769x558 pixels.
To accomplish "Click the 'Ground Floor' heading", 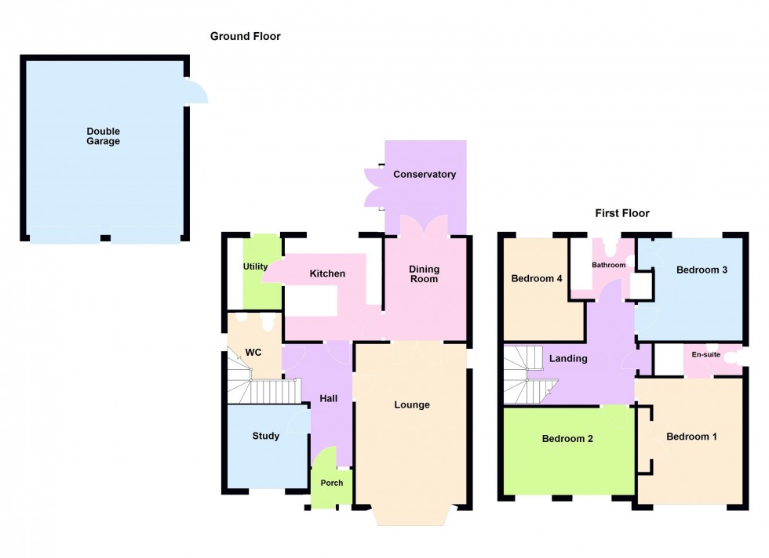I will [x=245, y=36].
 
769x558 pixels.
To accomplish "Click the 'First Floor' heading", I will [x=621, y=213].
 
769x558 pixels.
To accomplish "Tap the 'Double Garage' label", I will [x=104, y=136].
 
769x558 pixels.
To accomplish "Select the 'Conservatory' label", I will [x=425, y=174].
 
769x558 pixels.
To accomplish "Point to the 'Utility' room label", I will [x=255, y=266].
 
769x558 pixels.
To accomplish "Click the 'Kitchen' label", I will [x=327, y=274].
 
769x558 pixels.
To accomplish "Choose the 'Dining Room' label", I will [x=424, y=274].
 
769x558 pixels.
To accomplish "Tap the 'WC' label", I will [x=253, y=353].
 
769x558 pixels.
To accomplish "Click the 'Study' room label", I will [x=266, y=436].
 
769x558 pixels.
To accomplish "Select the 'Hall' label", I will [x=328, y=399].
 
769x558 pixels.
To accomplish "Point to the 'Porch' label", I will [x=332, y=483].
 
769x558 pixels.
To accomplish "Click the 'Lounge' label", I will [x=412, y=405].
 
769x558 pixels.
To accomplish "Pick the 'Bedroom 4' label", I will [x=538, y=278].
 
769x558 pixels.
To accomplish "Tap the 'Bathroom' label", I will [x=609, y=265].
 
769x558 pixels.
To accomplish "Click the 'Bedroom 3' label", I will [x=702, y=270].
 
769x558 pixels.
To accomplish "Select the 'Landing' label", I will [x=568, y=358].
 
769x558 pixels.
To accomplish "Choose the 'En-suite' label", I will [x=705, y=354].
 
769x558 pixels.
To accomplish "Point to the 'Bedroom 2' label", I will [x=567, y=439].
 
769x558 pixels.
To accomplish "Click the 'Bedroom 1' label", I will [x=691, y=437].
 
